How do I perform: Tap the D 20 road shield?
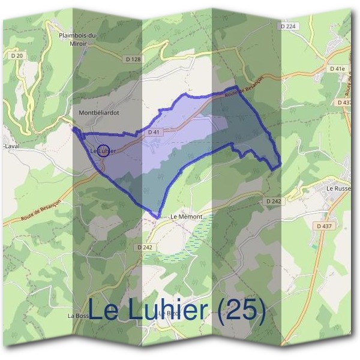[x=17, y=56]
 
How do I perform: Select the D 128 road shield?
[x=133, y=59]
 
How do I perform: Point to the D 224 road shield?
[x=289, y=26]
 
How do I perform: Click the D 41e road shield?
[x=337, y=69]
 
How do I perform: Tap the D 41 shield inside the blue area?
[x=154, y=131]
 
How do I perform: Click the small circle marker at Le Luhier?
[x=103, y=151]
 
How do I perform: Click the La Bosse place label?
[x=78, y=316]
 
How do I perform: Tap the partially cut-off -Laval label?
[x=9, y=145]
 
